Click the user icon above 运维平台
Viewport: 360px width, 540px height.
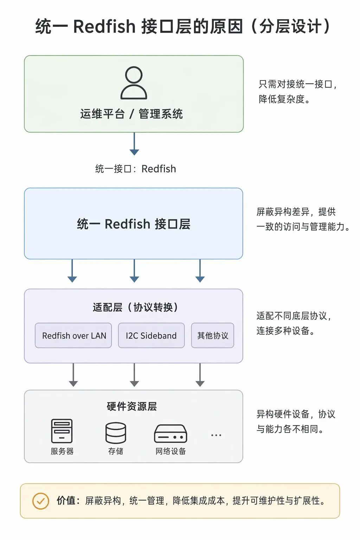[134, 83]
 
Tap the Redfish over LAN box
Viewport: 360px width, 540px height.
[73, 335]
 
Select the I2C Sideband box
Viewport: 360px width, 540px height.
[151, 335]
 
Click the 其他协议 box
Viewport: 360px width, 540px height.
[212, 335]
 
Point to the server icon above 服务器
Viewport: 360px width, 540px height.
[62, 431]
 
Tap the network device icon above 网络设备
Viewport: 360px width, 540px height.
[171, 433]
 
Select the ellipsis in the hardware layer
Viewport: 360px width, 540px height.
[216, 435]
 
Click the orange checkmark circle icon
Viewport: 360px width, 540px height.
[40, 501]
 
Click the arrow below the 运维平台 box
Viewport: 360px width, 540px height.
[134, 144]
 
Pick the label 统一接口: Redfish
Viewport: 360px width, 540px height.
[135, 169]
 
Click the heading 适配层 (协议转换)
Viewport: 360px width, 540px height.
[135, 307]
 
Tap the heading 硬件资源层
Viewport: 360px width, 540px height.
[131, 406]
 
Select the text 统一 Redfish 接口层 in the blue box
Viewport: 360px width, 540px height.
[134, 224]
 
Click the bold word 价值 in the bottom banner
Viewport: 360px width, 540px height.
[66, 501]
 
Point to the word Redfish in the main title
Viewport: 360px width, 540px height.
[104, 26]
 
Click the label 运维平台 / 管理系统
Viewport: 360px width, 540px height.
[131, 114]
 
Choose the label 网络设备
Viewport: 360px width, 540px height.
[171, 451]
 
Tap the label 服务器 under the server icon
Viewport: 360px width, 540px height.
[62, 451]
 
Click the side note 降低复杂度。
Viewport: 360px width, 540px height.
[284, 99]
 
